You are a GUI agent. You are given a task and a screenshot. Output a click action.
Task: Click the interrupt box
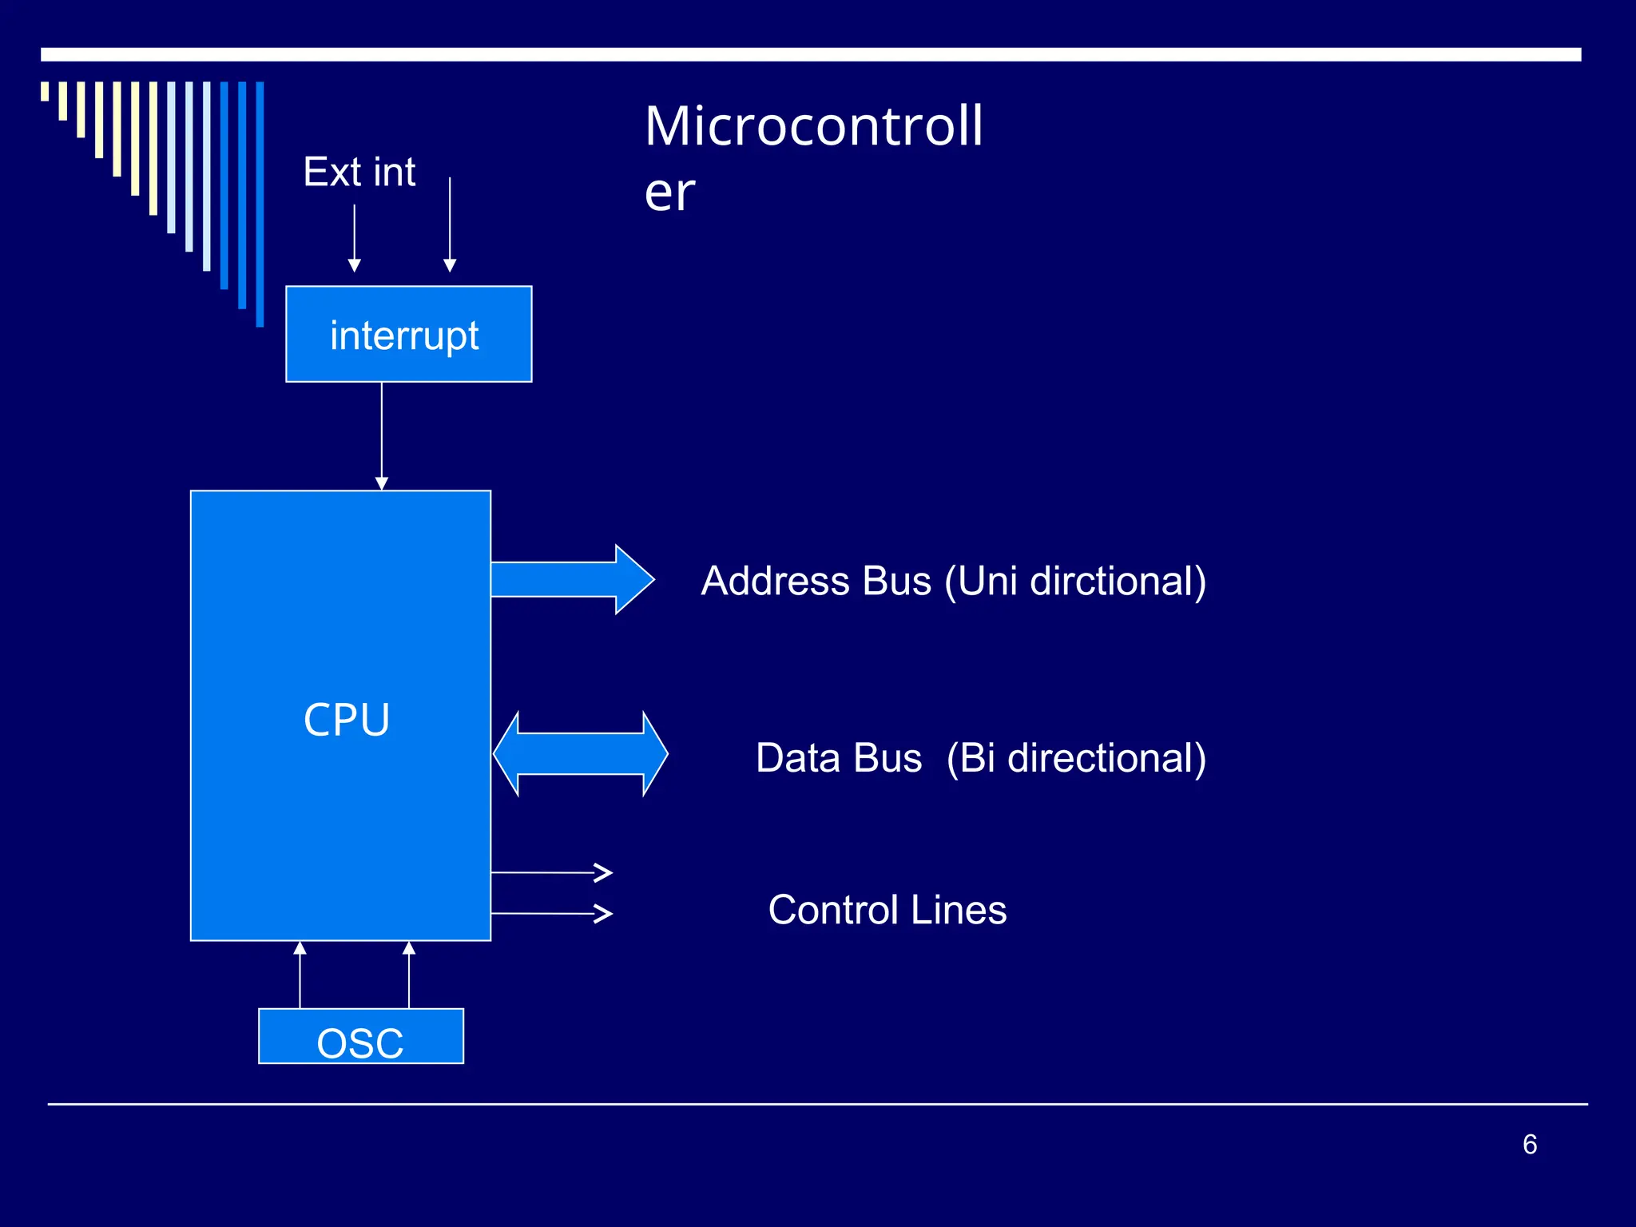[408, 334]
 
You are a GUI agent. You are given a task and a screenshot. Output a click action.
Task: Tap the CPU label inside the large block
[347, 720]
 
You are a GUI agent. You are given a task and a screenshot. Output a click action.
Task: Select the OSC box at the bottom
[360, 1036]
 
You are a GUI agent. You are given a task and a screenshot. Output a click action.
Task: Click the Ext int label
[359, 173]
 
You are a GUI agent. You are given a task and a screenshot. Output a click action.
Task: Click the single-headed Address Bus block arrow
[571, 579]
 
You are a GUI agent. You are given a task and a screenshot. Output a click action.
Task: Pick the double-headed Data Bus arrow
[581, 754]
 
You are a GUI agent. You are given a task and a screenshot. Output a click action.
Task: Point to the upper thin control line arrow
[551, 872]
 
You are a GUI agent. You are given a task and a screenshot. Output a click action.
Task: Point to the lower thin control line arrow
[551, 913]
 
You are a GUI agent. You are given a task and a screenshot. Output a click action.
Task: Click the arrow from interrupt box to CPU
[382, 435]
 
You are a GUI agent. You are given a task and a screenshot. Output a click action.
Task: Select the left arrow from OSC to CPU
[300, 975]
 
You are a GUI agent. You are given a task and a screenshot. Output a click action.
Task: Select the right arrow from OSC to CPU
[409, 975]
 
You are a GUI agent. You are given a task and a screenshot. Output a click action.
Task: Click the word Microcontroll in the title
[813, 126]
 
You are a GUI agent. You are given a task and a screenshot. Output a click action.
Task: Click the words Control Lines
[887, 910]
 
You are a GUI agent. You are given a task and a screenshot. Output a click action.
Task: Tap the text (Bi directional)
[1076, 758]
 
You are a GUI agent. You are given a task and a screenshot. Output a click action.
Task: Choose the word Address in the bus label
[775, 581]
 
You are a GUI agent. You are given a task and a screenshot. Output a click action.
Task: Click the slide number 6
[1530, 1144]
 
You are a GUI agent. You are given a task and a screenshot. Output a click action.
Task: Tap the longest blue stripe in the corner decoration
[260, 204]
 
